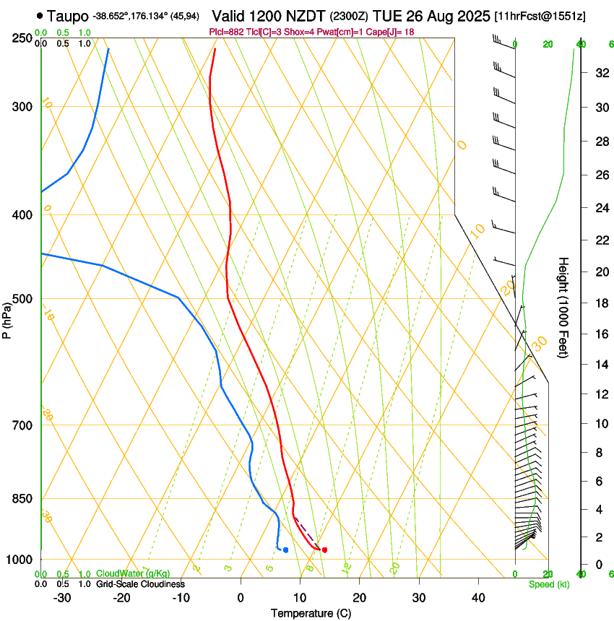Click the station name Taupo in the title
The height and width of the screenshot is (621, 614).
(68, 16)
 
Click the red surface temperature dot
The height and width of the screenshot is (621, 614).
(324, 550)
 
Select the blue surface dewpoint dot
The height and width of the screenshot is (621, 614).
(286, 550)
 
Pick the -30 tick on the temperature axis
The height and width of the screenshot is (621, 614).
(62, 598)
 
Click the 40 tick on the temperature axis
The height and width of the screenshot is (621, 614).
(478, 598)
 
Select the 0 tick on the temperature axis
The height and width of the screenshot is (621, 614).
(241, 598)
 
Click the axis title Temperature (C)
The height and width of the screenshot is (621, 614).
(311, 614)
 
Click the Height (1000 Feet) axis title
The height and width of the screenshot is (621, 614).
(564, 308)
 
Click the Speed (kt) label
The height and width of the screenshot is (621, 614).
(548, 584)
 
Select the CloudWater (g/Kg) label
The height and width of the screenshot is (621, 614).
(133, 574)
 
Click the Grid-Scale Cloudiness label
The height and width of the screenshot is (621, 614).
(140, 584)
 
